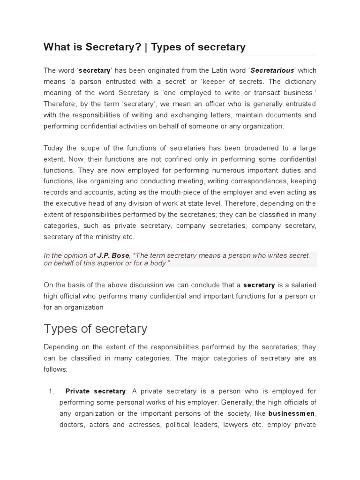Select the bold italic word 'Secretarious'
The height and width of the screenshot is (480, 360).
272,70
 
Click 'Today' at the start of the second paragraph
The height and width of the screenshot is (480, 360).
53,148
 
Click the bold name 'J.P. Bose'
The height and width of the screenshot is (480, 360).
112,255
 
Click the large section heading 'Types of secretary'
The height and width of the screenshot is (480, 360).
95,329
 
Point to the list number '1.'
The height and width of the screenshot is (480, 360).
52,391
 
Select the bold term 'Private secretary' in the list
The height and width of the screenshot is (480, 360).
96,391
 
